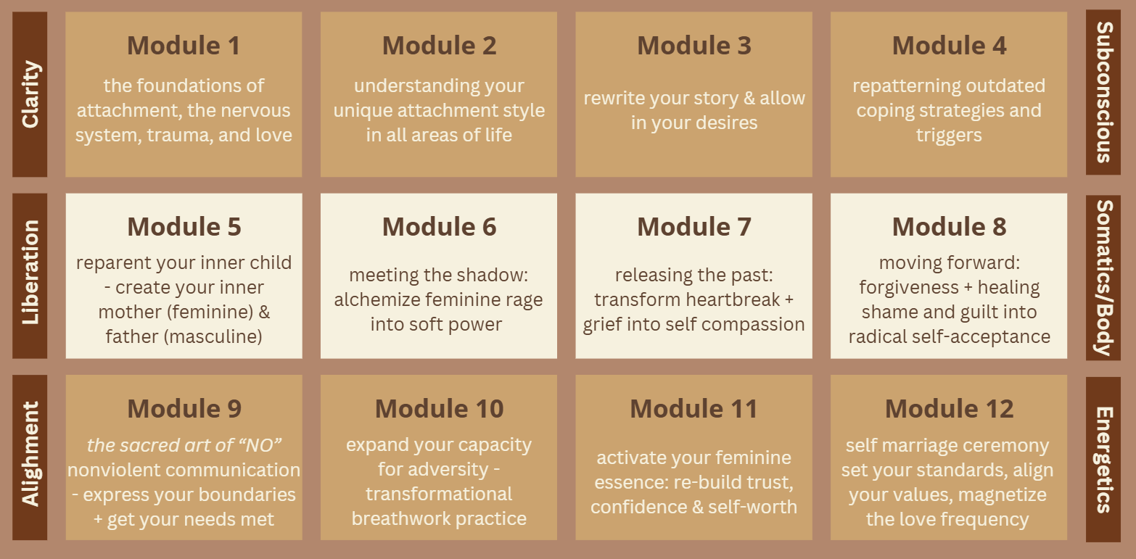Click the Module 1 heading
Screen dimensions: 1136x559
(184, 46)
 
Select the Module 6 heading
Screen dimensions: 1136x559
(439, 226)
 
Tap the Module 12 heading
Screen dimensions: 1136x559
(950, 408)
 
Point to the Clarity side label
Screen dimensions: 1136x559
(30, 94)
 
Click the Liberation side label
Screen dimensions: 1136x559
(30, 273)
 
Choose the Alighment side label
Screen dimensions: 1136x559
(30, 454)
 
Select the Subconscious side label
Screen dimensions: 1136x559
(1104, 92)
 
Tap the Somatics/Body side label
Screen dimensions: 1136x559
(1104, 278)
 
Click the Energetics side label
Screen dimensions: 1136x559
(1104, 460)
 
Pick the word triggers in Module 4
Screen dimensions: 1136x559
(949, 136)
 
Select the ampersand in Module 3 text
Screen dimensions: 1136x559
(749, 99)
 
